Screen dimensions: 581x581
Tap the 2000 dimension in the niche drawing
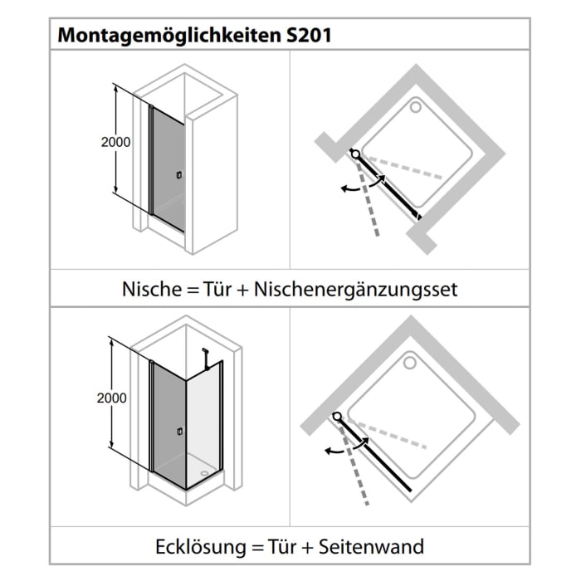[116, 142]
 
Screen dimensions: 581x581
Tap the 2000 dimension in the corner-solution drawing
[112, 398]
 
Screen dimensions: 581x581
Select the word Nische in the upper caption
[149, 290]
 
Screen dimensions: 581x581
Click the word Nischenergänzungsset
[357, 290]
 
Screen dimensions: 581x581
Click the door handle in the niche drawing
[178, 175]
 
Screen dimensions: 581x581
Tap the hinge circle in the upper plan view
[355, 154]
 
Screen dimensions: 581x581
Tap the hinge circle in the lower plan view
[337, 415]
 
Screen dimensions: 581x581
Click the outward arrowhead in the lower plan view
[325, 452]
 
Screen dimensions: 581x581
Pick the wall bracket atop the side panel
[204, 353]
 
